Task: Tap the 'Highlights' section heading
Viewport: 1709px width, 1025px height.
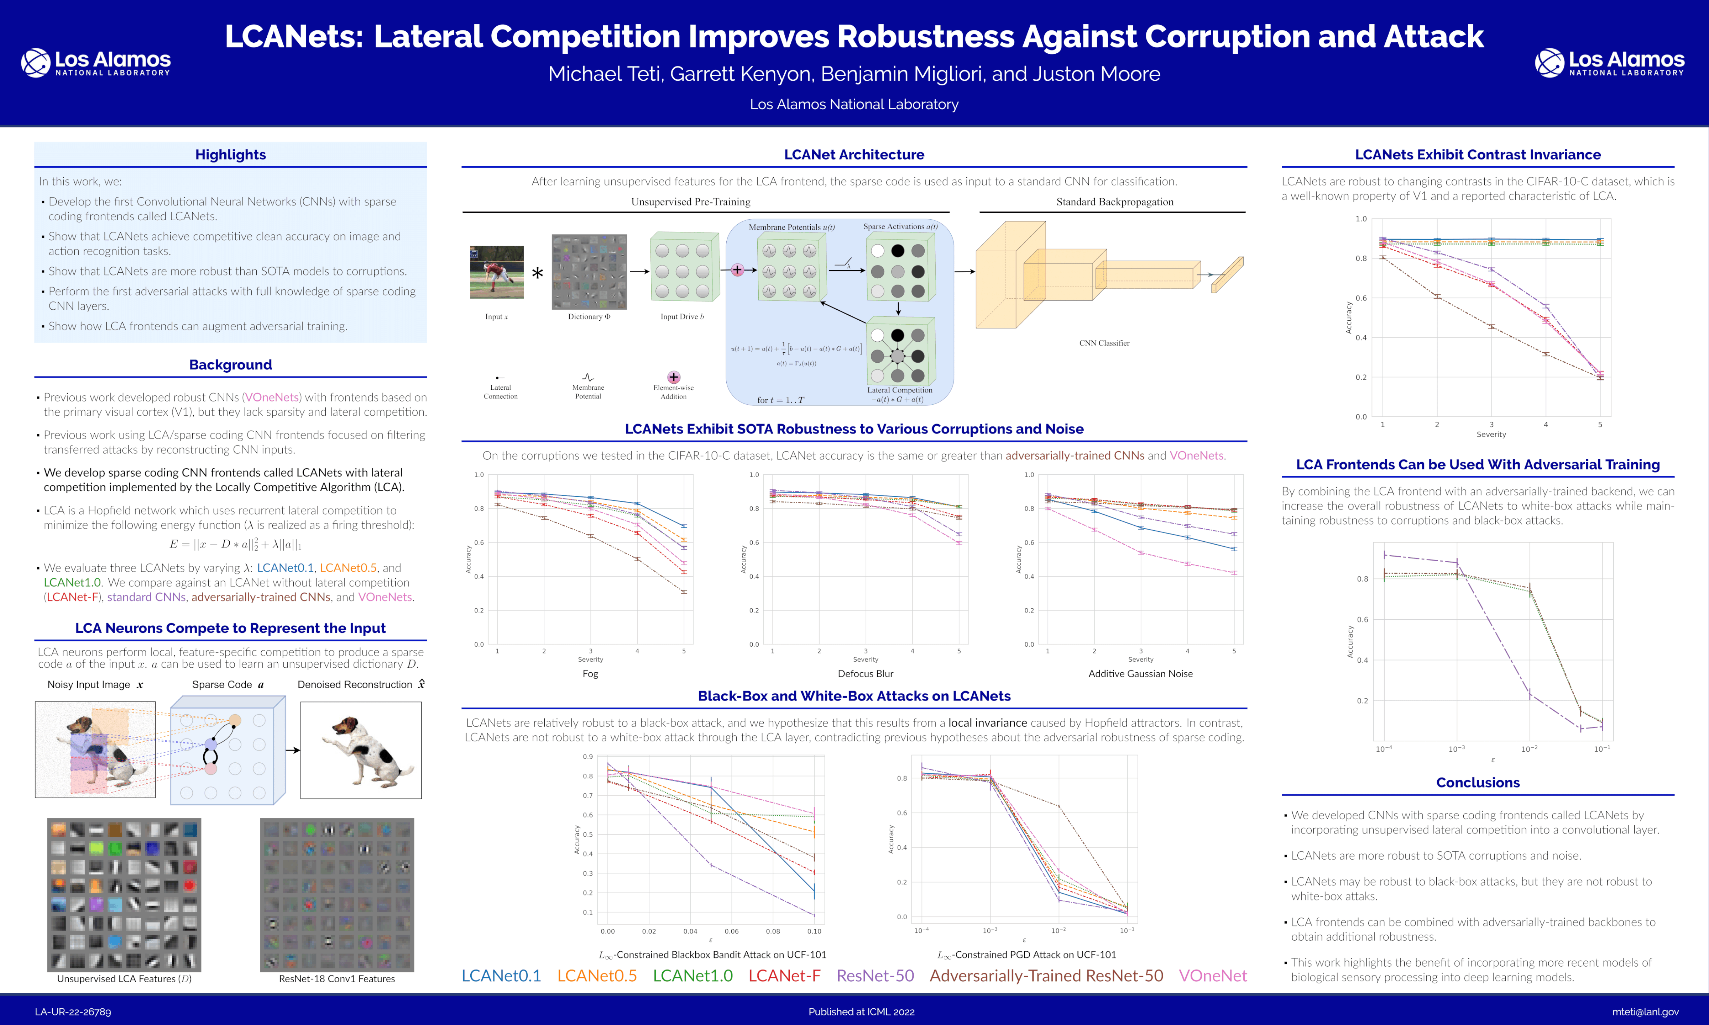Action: pos(230,155)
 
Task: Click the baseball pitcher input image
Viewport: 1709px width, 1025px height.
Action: pos(497,272)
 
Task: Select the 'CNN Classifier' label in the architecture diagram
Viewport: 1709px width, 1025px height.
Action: pos(1104,343)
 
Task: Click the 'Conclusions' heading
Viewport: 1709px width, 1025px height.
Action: pos(1478,783)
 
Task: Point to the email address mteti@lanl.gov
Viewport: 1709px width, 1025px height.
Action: pos(1645,1012)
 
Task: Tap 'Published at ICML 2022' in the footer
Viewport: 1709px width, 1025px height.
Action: pos(861,1012)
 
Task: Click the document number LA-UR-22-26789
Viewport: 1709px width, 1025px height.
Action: pos(73,1012)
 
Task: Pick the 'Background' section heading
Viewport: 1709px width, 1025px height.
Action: pos(230,365)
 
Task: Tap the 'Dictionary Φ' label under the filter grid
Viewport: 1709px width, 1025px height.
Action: pos(589,317)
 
